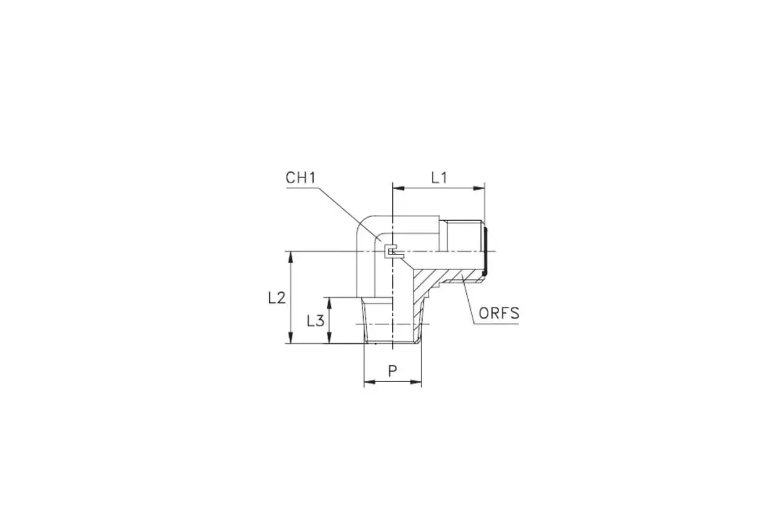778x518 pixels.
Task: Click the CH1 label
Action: (x=300, y=178)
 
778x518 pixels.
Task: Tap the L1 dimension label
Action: (x=439, y=178)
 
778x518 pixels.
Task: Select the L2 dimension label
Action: (x=277, y=298)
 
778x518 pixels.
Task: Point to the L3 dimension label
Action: (x=315, y=321)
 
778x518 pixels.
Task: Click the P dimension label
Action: (x=392, y=371)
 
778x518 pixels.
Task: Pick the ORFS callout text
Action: (x=499, y=313)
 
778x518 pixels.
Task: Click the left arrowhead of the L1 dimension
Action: (x=398, y=188)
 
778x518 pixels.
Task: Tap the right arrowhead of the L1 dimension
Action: (x=478, y=188)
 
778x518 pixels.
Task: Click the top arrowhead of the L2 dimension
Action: (x=291, y=257)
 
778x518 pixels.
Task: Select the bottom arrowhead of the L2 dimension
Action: (x=291, y=337)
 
